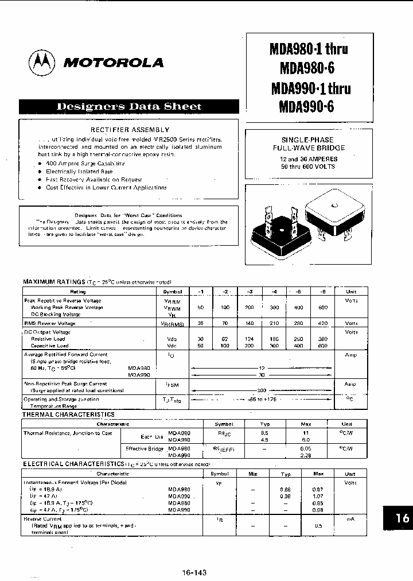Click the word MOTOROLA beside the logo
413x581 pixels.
click(x=113, y=63)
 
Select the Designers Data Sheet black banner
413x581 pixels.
click(x=128, y=106)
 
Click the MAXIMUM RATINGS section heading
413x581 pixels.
click(x=53, y=282)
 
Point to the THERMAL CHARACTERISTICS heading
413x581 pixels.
click(x=68, y=415)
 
